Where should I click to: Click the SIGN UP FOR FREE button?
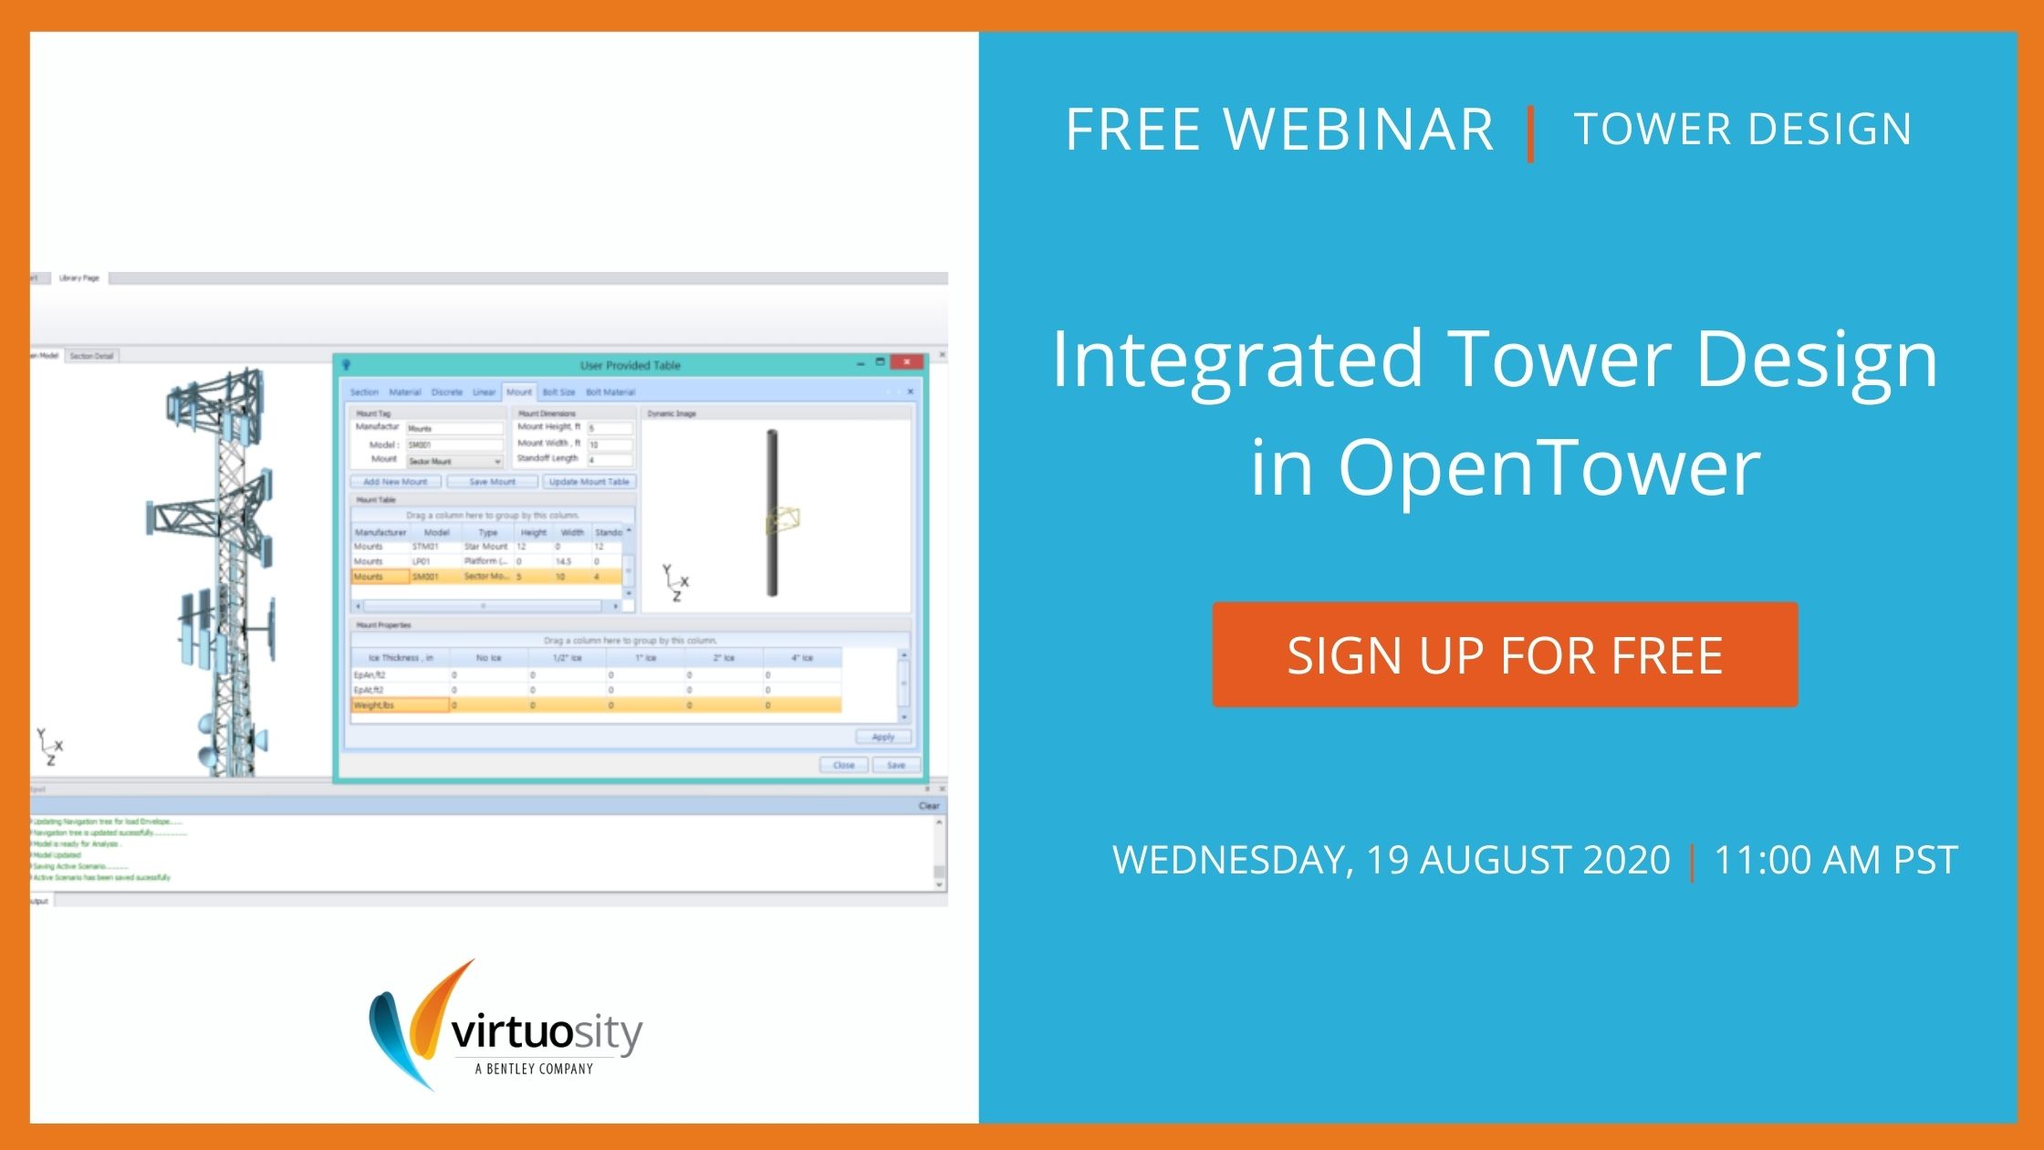[x=1505, y=654]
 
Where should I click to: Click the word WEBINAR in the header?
[x=1358, y=129]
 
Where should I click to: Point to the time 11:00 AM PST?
[x=1835, y=860]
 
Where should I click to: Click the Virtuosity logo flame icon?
[x=415, y=1022]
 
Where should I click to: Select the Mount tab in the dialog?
[x=518, y=392]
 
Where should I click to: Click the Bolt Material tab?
[x=610, y=392]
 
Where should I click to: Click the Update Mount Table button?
[x=589, y=482]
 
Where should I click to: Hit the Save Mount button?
[x=492, y=482]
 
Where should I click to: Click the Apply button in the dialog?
[x=882, y=737]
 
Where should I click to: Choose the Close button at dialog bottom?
[x=843, y=765]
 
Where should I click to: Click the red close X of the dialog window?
[x=907, y=362]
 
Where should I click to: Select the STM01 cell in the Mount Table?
[x=425, y=547]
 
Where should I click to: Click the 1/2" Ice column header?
[x=567, y=657]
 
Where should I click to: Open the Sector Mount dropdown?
[x=497, y=462]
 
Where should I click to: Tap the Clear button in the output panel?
[x=929, y=806]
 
